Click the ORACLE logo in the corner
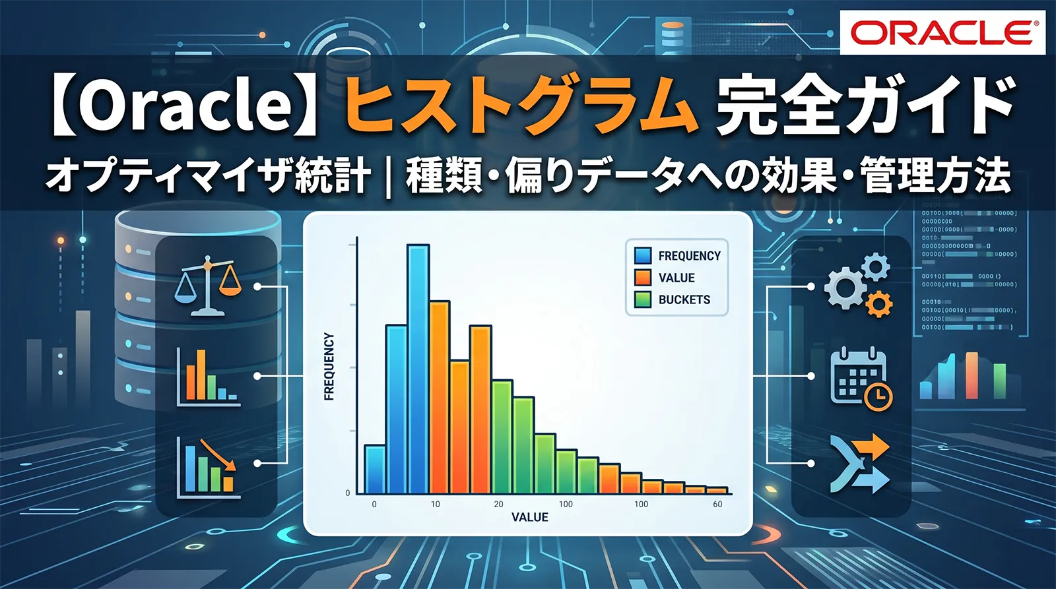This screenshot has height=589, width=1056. click(943, 32)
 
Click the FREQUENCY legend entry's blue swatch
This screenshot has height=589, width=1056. click(643, 256)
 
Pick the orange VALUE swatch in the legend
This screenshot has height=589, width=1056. click(643, 278)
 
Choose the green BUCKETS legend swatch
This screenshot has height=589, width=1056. click(643, 299)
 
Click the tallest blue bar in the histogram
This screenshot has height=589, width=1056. click(418, 369)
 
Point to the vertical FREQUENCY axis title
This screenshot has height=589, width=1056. click(329, 367)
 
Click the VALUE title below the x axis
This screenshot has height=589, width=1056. click(530, 517)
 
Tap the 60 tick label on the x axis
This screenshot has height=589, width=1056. click(717, 504)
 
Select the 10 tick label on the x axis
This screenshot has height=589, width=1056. click(436, 504)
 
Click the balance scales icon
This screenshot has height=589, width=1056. click(209, 288)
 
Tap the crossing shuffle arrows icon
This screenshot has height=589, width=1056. click(860, 464)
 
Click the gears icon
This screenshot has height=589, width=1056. click(858, 285)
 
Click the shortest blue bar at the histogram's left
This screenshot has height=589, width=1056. click(375, 470)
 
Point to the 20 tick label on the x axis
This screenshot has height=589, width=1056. click(498, 504)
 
